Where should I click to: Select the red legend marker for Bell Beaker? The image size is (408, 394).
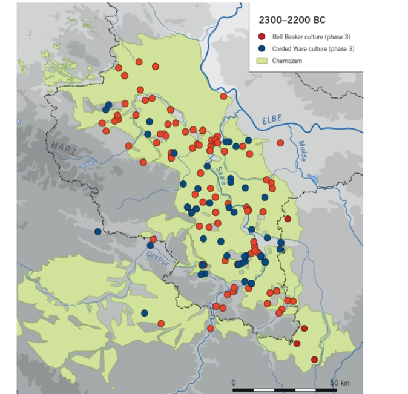click(x=261, y=36)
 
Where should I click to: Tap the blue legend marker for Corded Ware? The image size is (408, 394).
click(x=261, y=48)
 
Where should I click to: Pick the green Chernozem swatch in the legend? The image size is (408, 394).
click(x=261, y=60)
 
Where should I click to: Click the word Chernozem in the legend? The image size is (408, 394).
click(x=287, y=60)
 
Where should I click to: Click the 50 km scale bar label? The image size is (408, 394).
click(x=340, y=383)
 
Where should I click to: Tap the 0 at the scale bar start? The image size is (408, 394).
click(x=234, y=383)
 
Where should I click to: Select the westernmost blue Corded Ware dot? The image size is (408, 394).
click(x=98, y=231)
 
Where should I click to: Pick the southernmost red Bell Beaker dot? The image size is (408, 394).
click(x=314, y=360)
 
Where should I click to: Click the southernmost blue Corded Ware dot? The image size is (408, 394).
click(x=145, y=313)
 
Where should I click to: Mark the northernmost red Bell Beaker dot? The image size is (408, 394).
click(x=139, y=62)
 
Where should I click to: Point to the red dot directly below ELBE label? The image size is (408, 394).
click(x=280, y=143)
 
